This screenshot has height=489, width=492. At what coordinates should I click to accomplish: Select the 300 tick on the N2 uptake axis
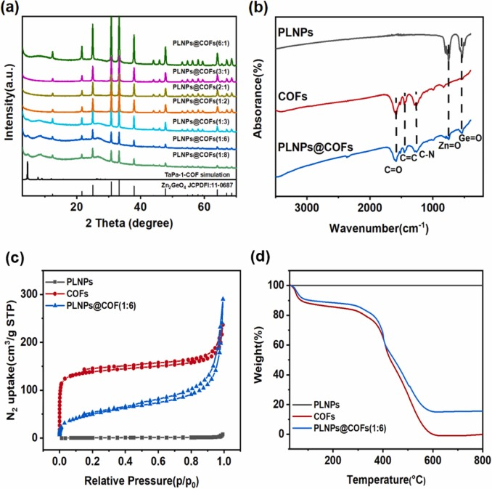click(38, 294)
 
